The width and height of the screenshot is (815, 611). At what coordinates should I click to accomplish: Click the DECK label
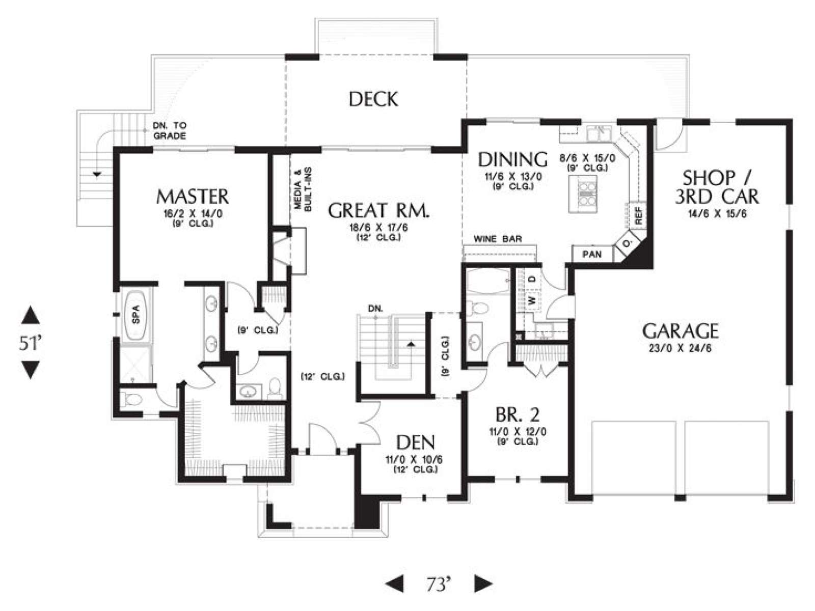[x=373, y=99]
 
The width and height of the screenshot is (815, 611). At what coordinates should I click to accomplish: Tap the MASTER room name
[x=193, y=197]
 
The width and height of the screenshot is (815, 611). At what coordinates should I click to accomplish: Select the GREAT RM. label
[x=379, y=210]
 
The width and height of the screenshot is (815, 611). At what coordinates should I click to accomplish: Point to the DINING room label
[x=513, y=159]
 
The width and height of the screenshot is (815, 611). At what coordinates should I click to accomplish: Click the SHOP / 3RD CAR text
[x=716, y=187]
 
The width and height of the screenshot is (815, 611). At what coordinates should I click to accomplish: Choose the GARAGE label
[x=680, y=331]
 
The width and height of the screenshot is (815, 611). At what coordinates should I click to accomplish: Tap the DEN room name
[x=416, y=442]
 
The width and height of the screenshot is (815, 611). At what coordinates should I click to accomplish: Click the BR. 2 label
[x=517, y=415]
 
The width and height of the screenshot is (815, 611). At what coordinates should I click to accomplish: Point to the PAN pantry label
[x=592, y=255]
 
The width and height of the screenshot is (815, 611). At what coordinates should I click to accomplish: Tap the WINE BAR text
[x=498, y=239]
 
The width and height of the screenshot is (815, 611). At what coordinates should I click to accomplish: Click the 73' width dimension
[x=439, y=584]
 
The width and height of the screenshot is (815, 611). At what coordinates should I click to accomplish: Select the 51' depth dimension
[x=30, y=343]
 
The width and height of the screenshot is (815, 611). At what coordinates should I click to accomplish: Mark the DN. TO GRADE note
[x=169, y=130]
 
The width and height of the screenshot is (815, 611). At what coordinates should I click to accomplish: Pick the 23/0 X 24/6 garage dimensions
[x=681, y=348]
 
